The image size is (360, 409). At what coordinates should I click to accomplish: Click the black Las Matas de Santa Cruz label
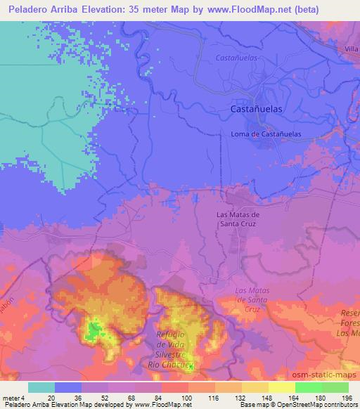tap(237, 219)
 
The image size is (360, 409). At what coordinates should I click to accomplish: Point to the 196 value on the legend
tap(347, 398)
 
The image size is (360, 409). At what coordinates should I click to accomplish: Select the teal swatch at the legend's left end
tap(41, 387)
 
